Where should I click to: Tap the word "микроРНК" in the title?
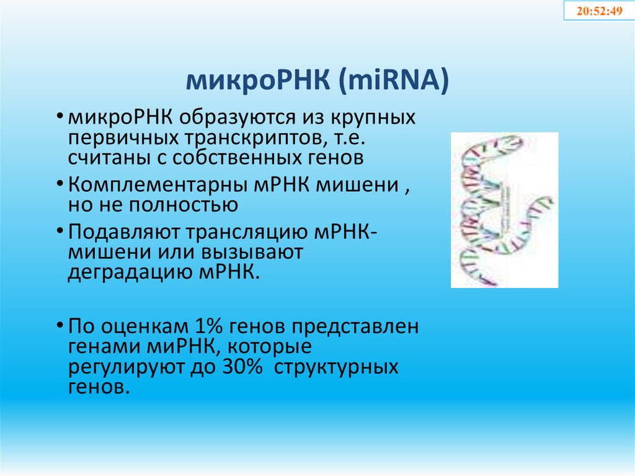pyautogui.click(x=259, y=81)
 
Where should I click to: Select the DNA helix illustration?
pyautogui.click(x=504, y=210)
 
